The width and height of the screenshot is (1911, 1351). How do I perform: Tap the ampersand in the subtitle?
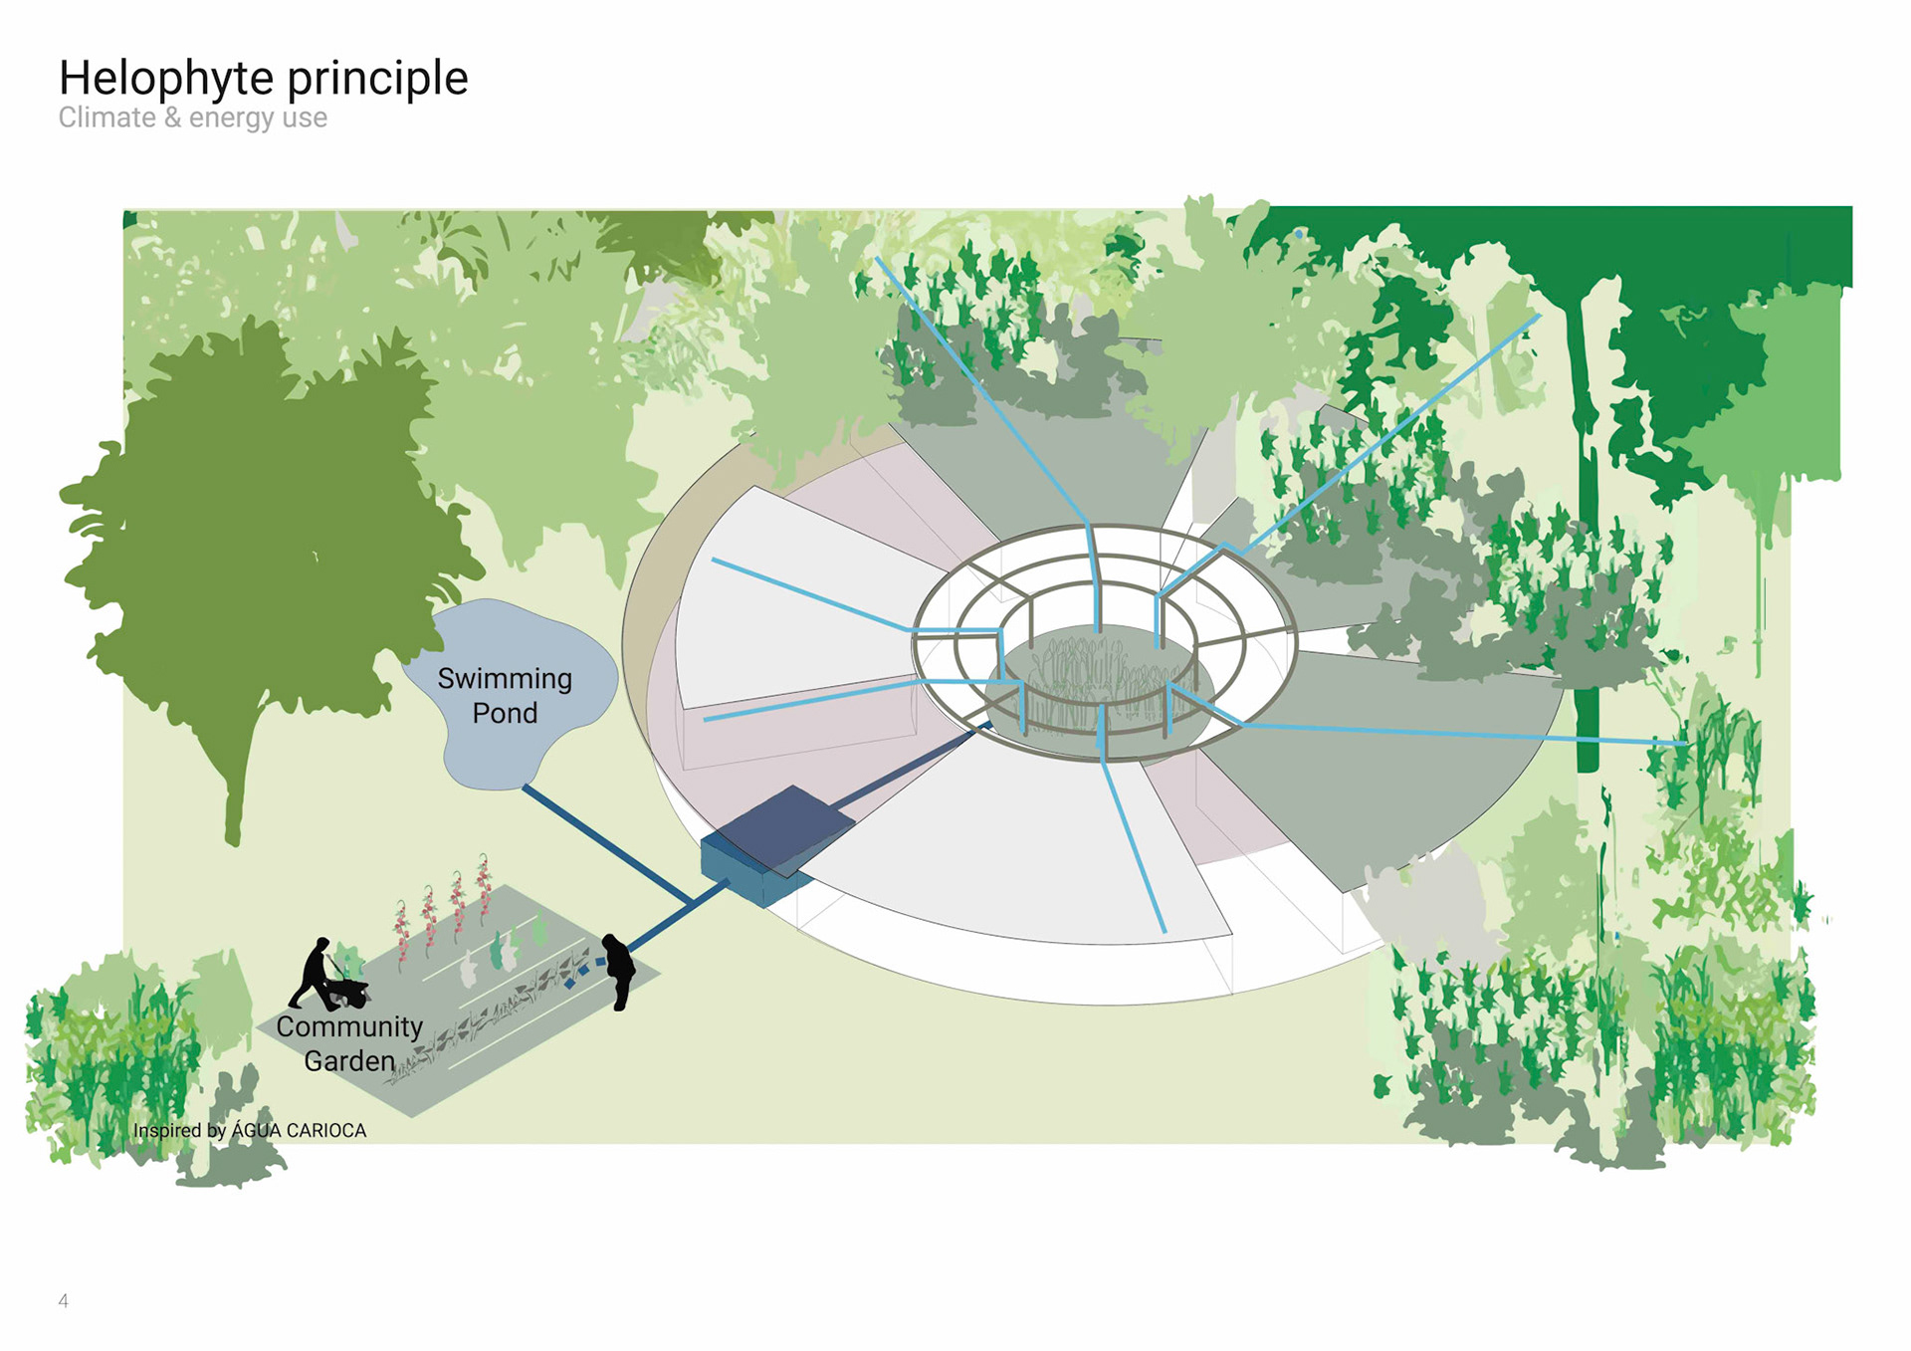coord(172,117)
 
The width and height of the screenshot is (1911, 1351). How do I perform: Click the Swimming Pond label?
coord(505,695)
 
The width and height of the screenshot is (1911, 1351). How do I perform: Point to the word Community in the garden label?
coord(349,1026)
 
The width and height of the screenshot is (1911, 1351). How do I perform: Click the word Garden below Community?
coord(349,1061)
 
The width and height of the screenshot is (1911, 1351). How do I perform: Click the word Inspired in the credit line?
coord(166,1131)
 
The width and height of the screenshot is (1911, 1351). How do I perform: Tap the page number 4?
coord(64,1301)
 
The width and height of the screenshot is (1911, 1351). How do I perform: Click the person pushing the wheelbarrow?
coord(313,971)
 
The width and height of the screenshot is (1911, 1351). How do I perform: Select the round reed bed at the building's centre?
coord(1105,687)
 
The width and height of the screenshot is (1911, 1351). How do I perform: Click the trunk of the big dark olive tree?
coord(235,796)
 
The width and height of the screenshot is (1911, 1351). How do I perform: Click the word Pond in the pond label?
coord(505,714)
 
